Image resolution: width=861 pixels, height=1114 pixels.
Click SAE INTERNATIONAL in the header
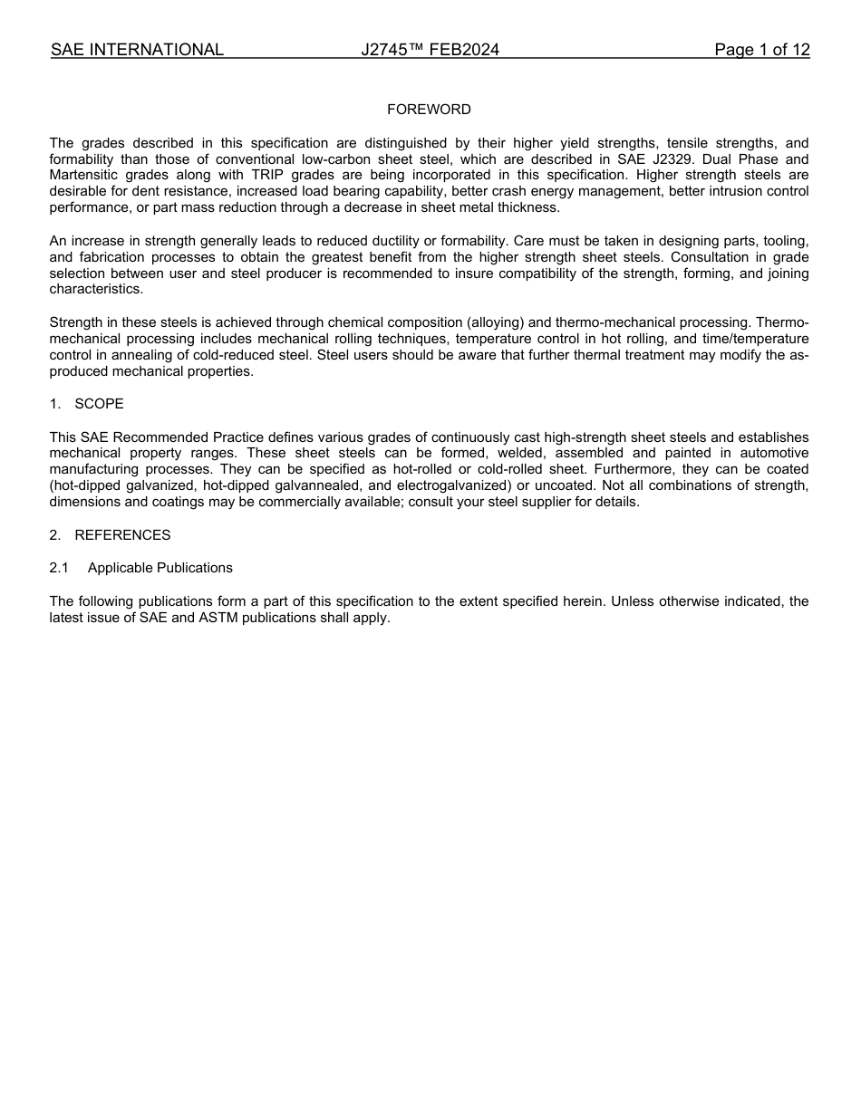point(137,51)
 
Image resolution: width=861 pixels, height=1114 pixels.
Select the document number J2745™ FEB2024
point(430,51)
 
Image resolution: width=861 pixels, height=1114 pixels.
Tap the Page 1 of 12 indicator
point(761,51)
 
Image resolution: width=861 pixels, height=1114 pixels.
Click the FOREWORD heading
point(429,110)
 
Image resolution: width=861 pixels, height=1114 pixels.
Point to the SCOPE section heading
point(99,404)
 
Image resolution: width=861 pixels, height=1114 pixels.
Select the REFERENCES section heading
point(122,535)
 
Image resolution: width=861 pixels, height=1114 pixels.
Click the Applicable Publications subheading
point(160,568)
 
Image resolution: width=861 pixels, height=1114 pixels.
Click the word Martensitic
point(84,176)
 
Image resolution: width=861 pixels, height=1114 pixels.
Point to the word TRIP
point(268,176)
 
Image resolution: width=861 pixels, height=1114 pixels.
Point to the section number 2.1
point(59,568)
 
